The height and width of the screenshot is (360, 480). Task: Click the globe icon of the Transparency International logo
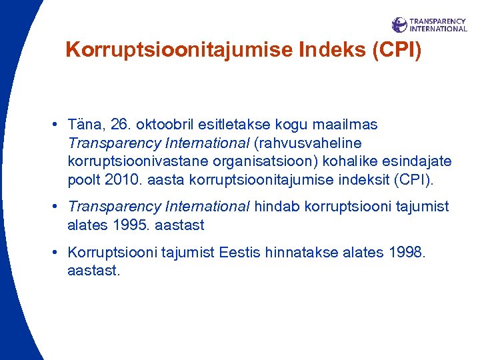pyautogui.click(x=399, y=25)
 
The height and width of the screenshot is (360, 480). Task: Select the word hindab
pyautogui.click(x=277, y=207)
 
